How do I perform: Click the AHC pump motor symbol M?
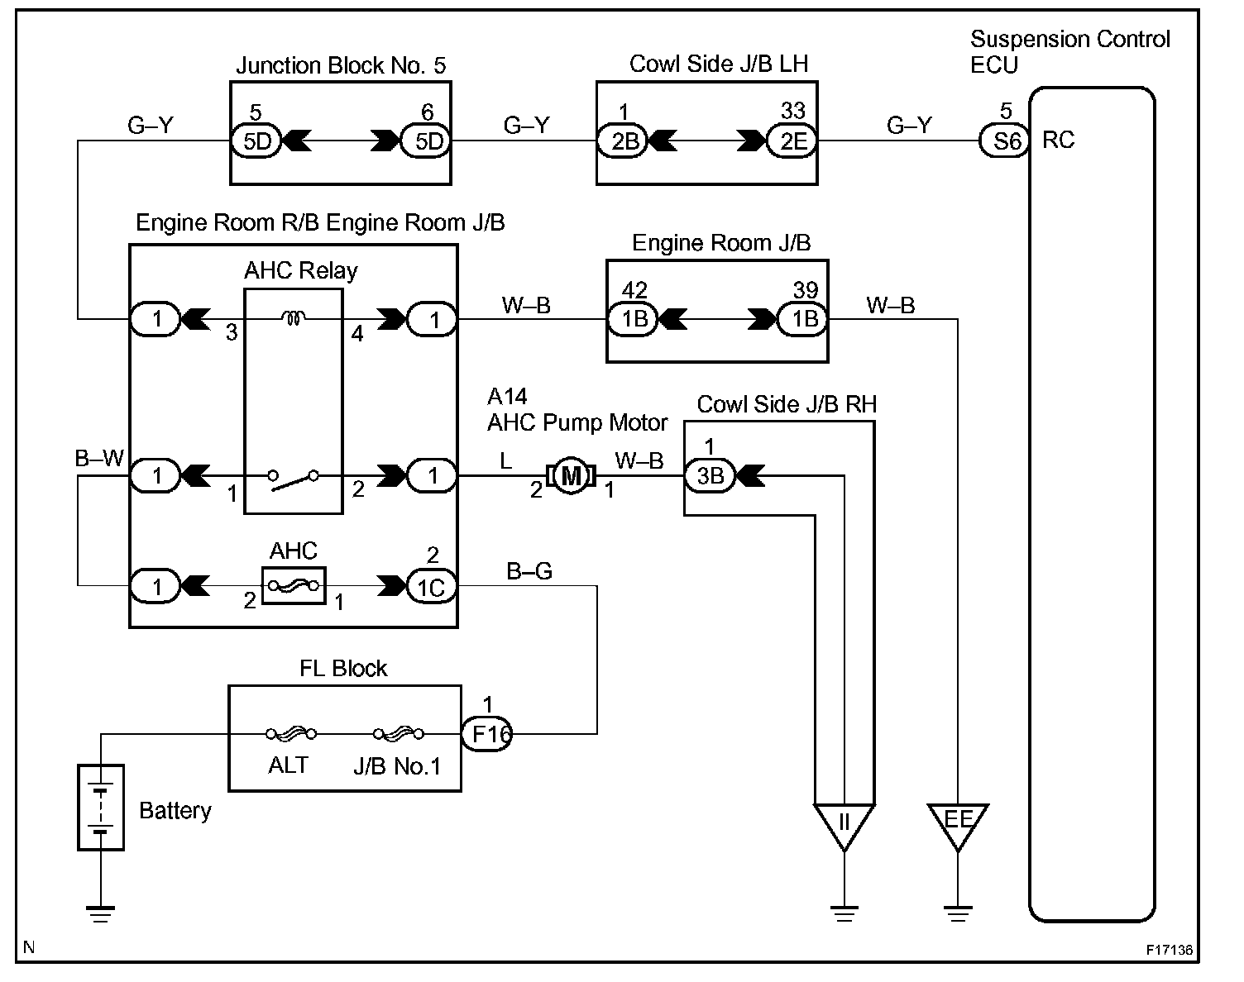click(x=571, y=476)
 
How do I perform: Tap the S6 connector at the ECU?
click(x=1005, y=141)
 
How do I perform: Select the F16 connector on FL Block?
click(x=486, y=734)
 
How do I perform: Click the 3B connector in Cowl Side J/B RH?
click(x=710, y=476)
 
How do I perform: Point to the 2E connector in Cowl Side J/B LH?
click(x=792, y=141)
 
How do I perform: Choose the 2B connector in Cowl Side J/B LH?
click(x=623, y=141)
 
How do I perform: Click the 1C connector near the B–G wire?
click(x=431, y=587)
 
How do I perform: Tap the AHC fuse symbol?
click(x=294, y=586)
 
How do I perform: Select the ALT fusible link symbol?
click(x=291, y=734)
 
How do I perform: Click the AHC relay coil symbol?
click(x=294, y=317)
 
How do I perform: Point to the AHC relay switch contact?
click(x=293, y=479)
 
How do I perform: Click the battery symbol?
click(x=101, y=808)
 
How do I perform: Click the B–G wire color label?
click(x=529, y=570)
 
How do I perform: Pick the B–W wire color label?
click(x=99, y=458)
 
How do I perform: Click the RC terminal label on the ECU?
click(x=1058, y=140)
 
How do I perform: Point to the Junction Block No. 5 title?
click(x=341, y=65)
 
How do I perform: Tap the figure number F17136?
click(x=1170, y=950)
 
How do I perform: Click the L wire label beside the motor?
click(x=506, y=461)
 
